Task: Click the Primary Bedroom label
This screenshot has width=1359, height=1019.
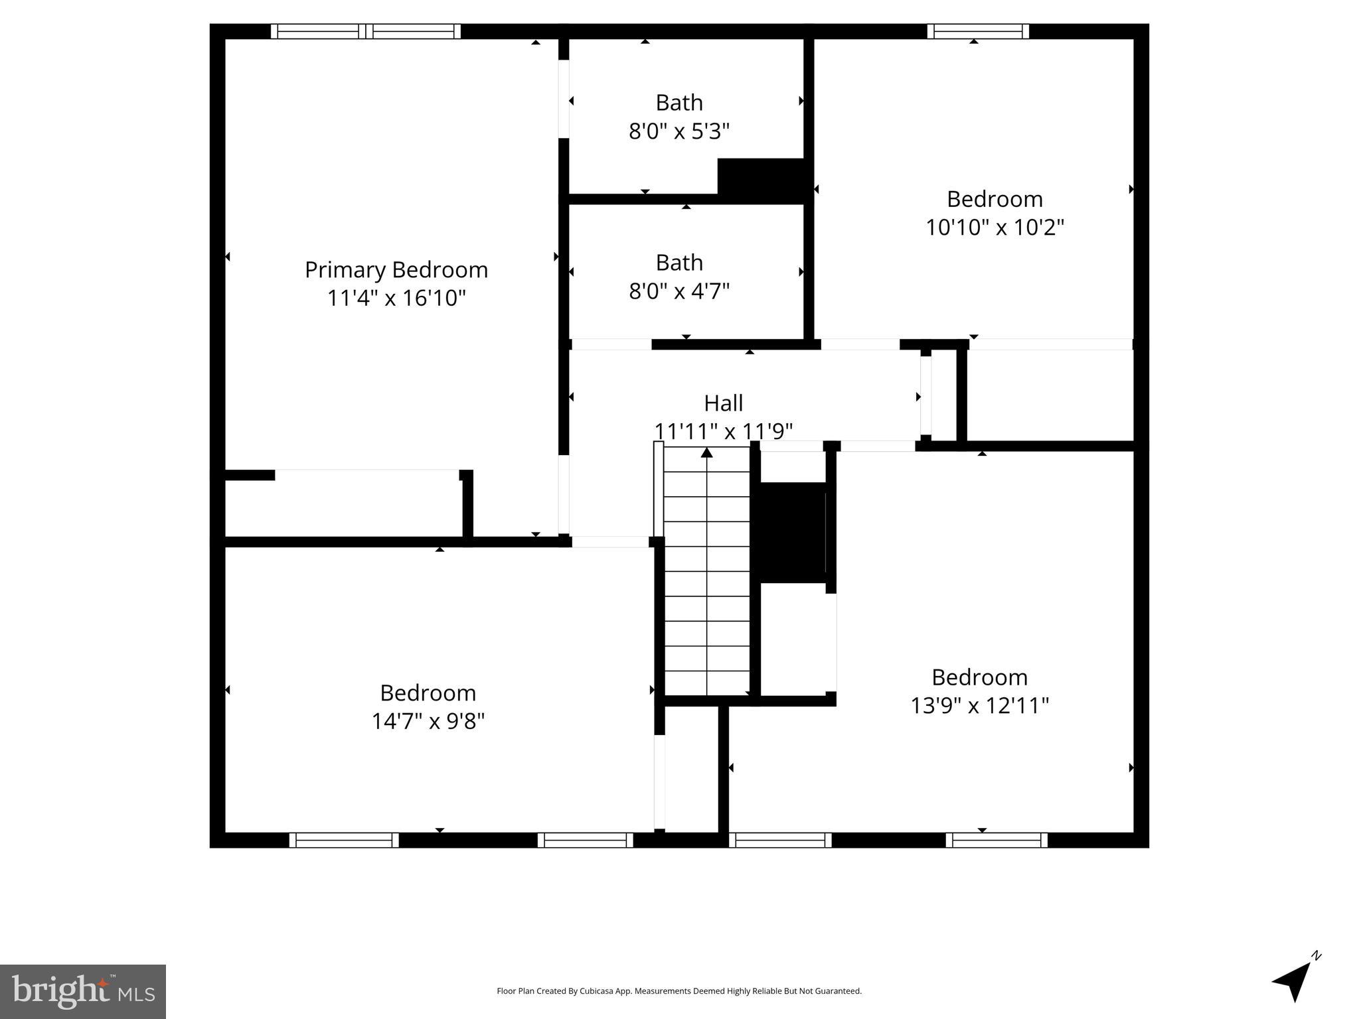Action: point(396,270)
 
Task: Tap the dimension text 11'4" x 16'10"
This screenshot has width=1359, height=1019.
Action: point(396,299)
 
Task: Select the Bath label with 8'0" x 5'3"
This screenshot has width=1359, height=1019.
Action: point(679,103)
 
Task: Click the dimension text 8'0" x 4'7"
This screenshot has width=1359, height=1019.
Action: point(679,291)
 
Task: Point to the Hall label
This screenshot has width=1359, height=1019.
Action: point(723,403)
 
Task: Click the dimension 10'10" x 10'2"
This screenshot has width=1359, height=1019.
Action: point(995,228)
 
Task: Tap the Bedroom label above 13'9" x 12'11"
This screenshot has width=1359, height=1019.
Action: point(979,677)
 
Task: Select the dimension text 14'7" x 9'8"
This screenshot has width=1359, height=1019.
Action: point(428,721)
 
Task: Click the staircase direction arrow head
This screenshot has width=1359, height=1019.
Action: point(707,452)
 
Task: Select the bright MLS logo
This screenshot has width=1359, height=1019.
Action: point(83,991)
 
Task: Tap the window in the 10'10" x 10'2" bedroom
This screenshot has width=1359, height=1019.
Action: point(978,31)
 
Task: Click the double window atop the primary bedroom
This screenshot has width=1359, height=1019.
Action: point(365,31)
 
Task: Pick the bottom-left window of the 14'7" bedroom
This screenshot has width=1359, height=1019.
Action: point(344,840)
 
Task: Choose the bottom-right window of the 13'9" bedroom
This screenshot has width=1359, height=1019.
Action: point(997,840)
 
